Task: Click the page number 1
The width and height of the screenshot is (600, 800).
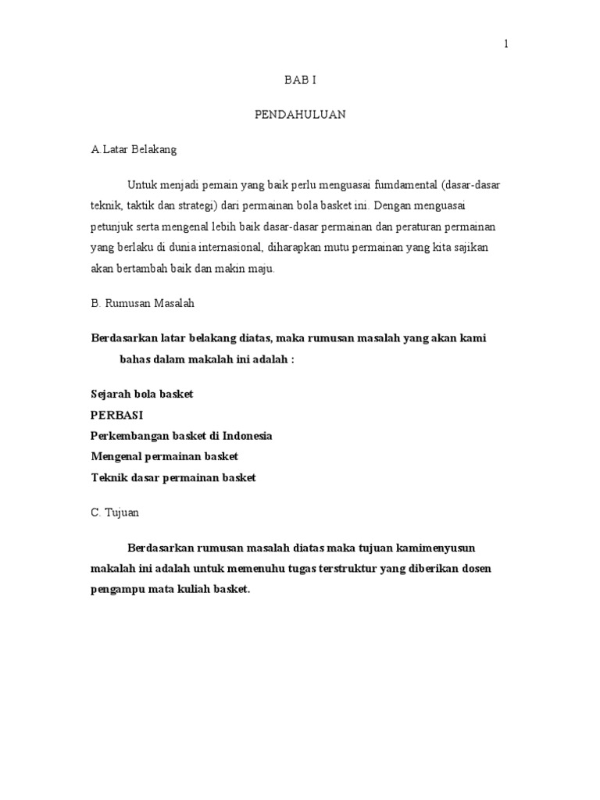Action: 505,45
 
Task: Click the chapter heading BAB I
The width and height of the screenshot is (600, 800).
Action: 299,80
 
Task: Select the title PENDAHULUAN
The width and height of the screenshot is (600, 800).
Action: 300,115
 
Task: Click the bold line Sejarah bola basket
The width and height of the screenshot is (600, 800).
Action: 141,395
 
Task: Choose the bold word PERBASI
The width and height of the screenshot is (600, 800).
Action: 117,415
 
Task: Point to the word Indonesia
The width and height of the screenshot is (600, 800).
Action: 247,435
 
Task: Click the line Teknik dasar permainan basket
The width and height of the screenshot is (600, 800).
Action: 173,477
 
